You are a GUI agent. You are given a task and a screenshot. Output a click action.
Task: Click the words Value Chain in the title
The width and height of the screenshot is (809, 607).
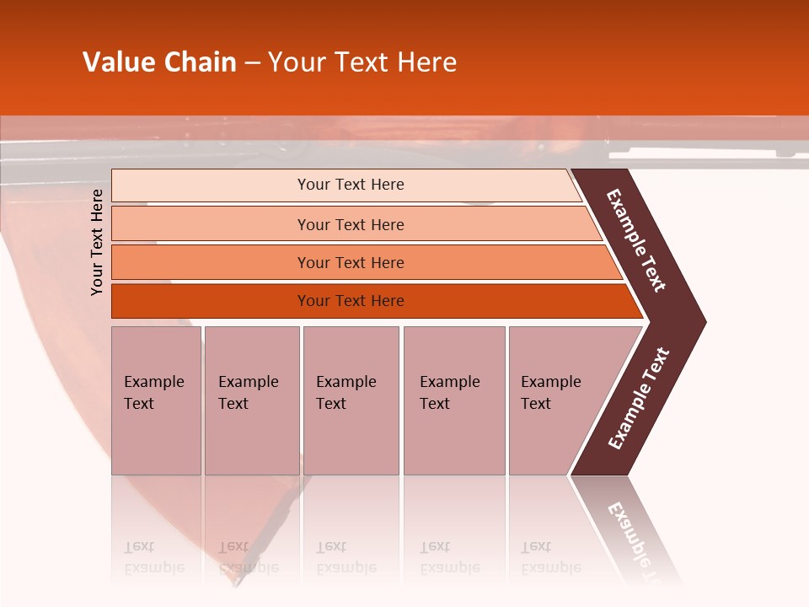[x=159, y=62]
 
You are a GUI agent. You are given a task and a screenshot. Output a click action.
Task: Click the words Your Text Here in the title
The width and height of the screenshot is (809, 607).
[x=362, y=62]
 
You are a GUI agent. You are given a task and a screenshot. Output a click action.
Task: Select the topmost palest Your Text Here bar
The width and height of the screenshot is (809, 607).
[x=350, y=185]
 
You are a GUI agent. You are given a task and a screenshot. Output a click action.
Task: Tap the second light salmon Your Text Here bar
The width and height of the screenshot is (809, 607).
[x=350, y=224]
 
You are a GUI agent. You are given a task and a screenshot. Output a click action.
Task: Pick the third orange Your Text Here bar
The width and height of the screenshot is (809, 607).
[x=350, y=262]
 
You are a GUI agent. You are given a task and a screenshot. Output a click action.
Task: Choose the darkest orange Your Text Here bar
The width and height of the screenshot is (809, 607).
[x=350, y=301]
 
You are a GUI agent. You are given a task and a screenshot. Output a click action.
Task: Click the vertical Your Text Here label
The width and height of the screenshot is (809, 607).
[x=97, y=243]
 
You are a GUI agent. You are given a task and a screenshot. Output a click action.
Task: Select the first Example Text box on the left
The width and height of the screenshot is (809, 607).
[x=156, y=400]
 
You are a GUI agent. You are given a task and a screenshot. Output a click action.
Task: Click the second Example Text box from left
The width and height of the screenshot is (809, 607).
[x=251, y=400]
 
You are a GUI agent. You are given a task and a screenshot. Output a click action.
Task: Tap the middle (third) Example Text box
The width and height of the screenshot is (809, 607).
[x=351, y=400]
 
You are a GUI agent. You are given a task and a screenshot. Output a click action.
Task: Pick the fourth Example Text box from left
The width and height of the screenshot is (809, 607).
[x=453, y=400]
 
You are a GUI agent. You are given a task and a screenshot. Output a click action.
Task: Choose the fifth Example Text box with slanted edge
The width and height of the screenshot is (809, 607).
[x=556, y=400]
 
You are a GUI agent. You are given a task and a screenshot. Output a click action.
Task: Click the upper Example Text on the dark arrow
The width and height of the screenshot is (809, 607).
[x=637, y=240]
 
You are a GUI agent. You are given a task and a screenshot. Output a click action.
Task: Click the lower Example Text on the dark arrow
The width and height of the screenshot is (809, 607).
[x=639, y=398]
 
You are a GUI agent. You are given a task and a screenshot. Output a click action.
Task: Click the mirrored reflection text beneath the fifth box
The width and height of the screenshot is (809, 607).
[x=550, y=557]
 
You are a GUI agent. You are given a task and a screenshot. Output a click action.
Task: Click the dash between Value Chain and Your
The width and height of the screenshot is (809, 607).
[x=252, y=63]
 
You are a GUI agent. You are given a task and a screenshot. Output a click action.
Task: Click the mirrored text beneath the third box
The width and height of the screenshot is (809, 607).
[x=346, y=557]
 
